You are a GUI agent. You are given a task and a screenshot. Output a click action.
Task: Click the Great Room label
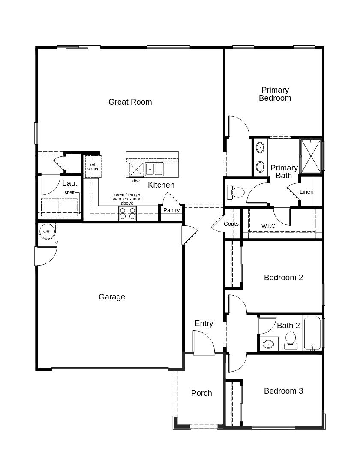pyautogui.click(x=130, y=102)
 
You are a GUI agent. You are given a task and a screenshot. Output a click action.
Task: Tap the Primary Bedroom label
pyautogui.click(x=275, y=94)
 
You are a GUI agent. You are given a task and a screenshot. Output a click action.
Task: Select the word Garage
pyautogui.click(x=112, y=297)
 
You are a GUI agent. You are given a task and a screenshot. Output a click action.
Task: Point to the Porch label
pyautogui.click(x=201, y=393)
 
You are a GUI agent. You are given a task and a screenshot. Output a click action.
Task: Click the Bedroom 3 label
pyautogui.click(x=283, y=391)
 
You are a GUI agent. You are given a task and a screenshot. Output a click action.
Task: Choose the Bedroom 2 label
pyautogui.click(x=283, y=278)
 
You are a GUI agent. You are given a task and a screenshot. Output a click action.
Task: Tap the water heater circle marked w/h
pyautogui.click(x=47, y=232)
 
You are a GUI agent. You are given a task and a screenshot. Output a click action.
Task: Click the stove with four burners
pyautogui.click(x=127, y=213)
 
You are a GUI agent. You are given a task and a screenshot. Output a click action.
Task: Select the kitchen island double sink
pyautogui.click(x=154, y=170)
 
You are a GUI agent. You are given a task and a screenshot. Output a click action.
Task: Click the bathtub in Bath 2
pyautogui.click(x=312, y=334)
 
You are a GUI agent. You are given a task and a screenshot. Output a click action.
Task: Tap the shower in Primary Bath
pyautogui.click(x=310, y=155)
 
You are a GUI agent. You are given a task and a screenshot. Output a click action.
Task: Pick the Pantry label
pyautogui.click(x=171, y=210)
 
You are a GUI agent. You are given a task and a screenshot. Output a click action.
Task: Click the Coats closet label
pyautogui.click(x=231, y=224)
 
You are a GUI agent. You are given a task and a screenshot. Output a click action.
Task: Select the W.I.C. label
pyautogui.click(x=269, y=226)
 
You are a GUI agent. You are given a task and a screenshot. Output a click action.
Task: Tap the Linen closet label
pyautogui.click(x=306, y=192)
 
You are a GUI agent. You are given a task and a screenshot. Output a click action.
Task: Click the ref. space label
pyautogui.click(x=93, y=167)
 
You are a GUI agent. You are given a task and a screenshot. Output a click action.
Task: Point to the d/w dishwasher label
pyautogui.click(x=136, y=181)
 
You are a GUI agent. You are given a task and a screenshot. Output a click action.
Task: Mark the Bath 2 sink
pyautogui.click(x=269, y=344)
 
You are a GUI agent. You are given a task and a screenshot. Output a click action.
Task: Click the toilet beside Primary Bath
pyautogui.click(x=237, y=192)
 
